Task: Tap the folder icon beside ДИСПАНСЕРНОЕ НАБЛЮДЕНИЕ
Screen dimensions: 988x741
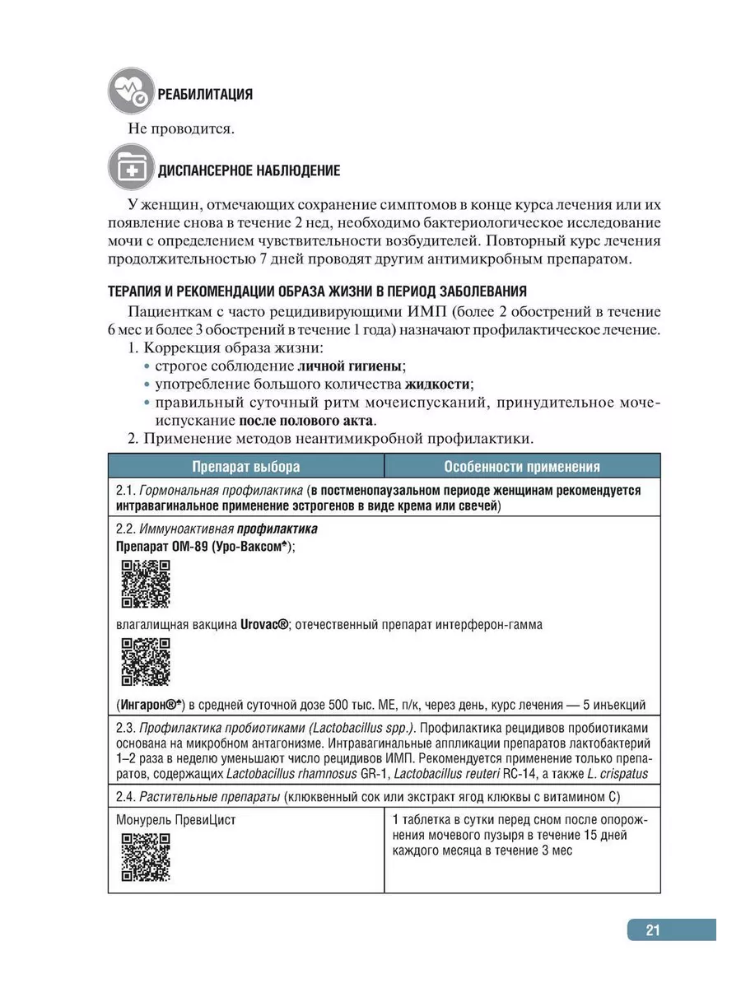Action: tap(129, 170)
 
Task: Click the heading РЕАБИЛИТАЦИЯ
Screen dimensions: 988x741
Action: tap(206, 95)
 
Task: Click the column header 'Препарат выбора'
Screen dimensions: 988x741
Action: tap(246, 466)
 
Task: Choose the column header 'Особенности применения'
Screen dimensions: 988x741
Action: tap(522, 466)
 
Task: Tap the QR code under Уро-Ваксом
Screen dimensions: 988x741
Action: tap(145, 584)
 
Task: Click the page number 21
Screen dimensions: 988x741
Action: tap(653, 930)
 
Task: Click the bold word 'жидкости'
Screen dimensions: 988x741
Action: tap(439, 384)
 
